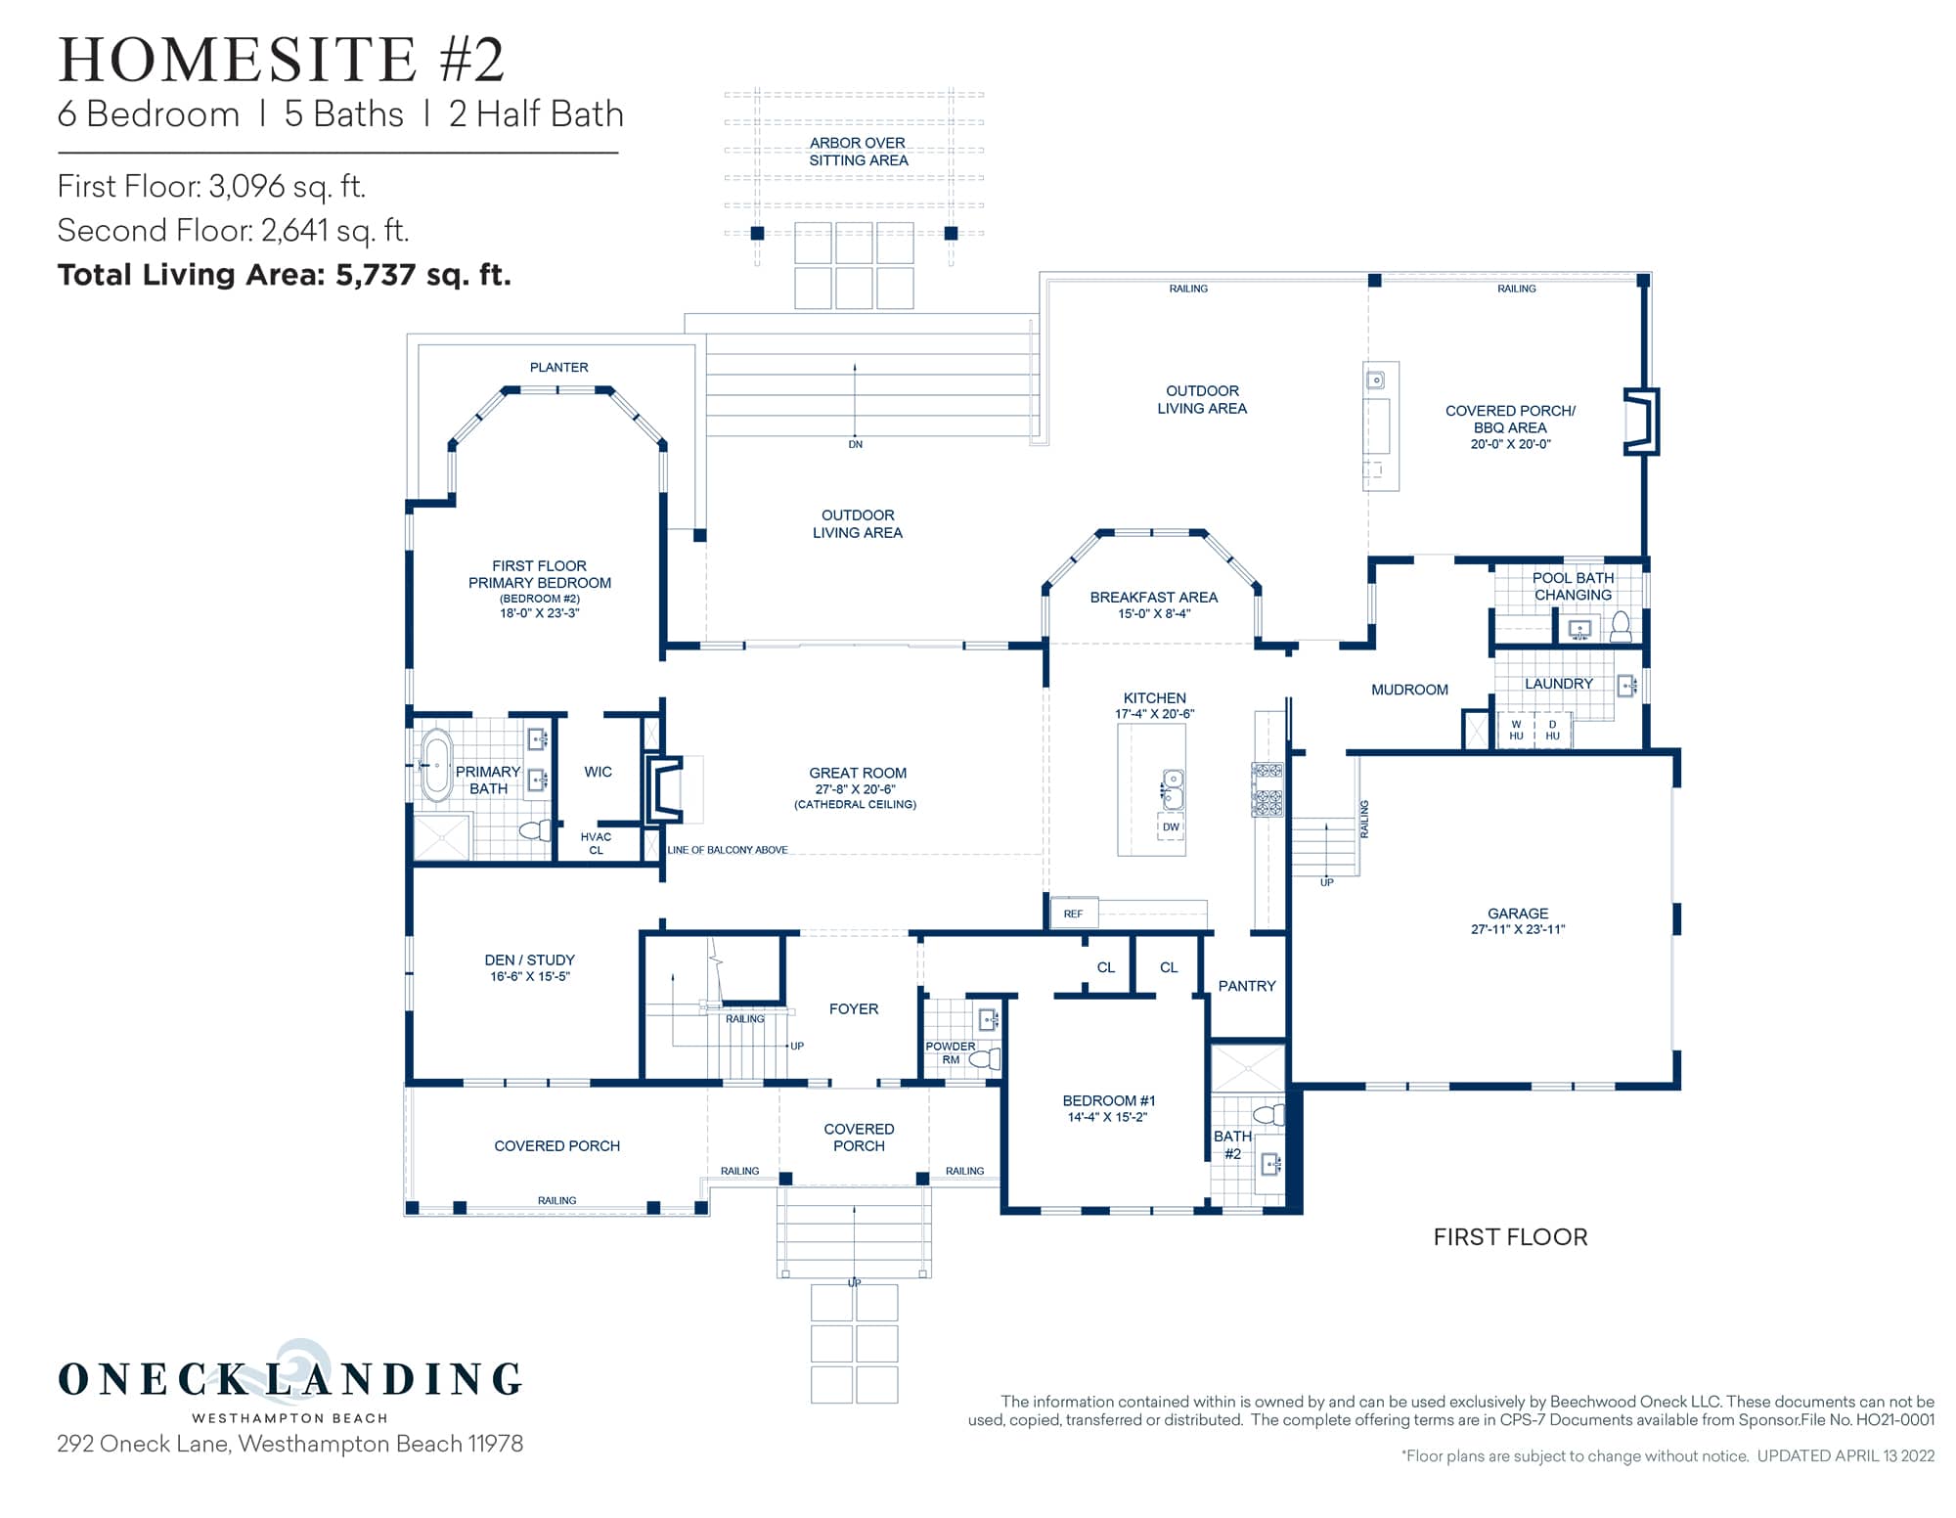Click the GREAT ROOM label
[857, 773]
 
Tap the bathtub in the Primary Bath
[436, 765]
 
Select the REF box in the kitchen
[1073, 914]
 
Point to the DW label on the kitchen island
[1171, 826]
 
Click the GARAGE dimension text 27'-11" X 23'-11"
[1517, 929]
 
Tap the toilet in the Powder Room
[986, 1058]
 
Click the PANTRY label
[1246, 986]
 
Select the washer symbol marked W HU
[1516, 730]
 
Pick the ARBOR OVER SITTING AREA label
[858, 152]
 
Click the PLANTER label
[558, 368]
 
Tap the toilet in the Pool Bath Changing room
[1621, 626]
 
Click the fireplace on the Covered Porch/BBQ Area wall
[1641, 422]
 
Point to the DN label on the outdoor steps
[855, 444]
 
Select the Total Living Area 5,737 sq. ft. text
[285, 275]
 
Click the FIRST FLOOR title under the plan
[1509, 1237]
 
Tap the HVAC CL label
[596, 843]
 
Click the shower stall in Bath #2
[1247, 1068]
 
